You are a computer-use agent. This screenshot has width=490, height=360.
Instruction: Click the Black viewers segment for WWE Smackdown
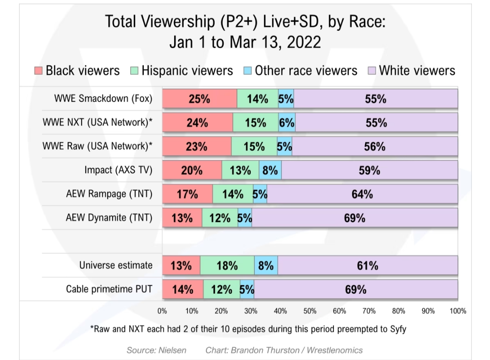pos(200,99)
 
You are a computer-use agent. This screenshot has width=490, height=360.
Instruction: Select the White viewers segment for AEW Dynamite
pos(354,218)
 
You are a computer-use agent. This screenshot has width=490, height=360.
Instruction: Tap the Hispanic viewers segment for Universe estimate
pos(227,265)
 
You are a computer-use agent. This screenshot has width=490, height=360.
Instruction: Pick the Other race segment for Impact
pos(270,170)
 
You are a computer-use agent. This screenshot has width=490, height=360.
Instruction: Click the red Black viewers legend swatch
pos(39,71)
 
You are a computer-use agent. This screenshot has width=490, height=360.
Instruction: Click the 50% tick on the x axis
pos(310,311)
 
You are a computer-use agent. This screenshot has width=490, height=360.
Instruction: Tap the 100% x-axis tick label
pos(458,311)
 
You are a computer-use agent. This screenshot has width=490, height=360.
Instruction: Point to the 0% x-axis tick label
pos(162,311)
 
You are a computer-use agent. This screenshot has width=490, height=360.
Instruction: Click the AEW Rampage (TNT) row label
pos(109,194)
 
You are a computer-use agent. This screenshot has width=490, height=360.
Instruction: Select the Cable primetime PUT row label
pos(109,289)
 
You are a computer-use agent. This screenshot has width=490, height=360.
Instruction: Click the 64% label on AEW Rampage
pos(362,194)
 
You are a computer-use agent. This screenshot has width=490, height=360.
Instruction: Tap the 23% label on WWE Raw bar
pos(196,146)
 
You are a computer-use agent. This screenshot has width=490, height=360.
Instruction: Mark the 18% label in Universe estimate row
pos(227,265)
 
